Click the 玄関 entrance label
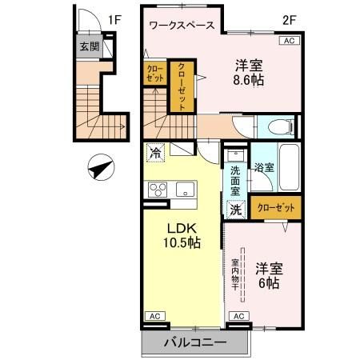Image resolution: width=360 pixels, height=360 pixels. coord(90,47)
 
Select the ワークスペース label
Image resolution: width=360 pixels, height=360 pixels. coord(182,25)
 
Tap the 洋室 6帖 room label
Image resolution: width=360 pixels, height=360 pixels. coord(268,274)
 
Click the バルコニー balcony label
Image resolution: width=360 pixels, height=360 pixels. coord(195,342)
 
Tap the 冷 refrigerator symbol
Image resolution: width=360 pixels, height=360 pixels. coord(154,150)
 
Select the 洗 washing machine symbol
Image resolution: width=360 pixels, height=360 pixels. coord(236,210)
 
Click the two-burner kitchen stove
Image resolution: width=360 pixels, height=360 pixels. coord(157,190)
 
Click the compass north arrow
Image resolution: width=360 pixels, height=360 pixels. coord(101,169)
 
